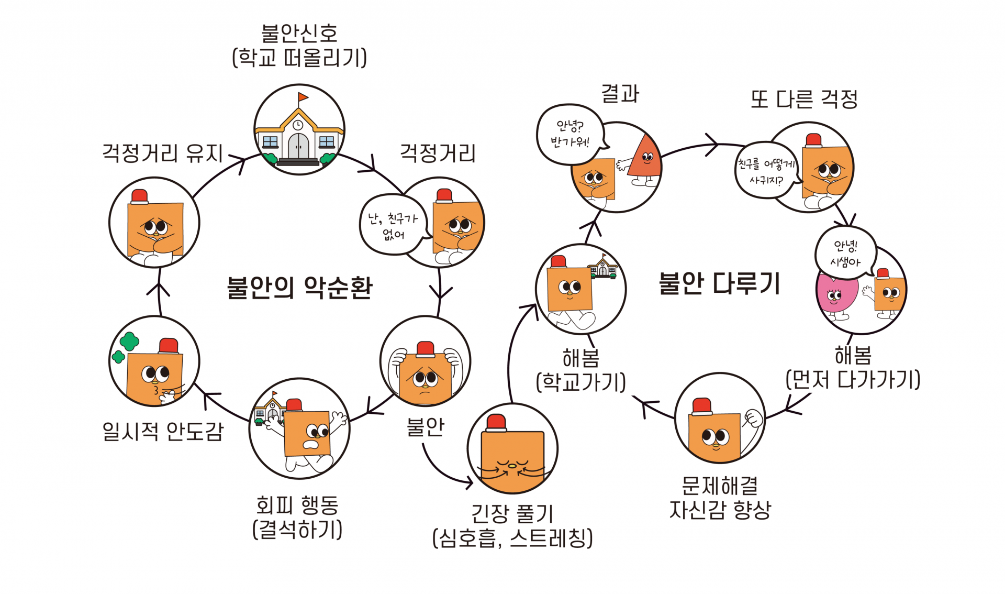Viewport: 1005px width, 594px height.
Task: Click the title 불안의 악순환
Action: [299, 288]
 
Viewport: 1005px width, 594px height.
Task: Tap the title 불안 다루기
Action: [719, 283]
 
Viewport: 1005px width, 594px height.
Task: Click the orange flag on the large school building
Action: [303, 97]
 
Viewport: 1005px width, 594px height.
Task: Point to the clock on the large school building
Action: [297, 125]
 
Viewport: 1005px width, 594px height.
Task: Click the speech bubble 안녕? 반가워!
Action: [569, 134]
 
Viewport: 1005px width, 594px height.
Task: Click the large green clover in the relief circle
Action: [129, 342]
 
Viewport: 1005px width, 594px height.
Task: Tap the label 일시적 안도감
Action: [163, 431]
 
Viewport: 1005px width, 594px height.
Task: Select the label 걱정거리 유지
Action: [162, 153]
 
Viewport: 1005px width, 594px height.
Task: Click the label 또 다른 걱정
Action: [804, 99]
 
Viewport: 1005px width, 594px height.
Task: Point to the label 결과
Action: [620, 94]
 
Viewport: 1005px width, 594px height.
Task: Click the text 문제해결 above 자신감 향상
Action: [720, 486]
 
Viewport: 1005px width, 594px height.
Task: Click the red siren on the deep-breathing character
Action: [496, 422]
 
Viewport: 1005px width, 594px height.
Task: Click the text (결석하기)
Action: [297, 529]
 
